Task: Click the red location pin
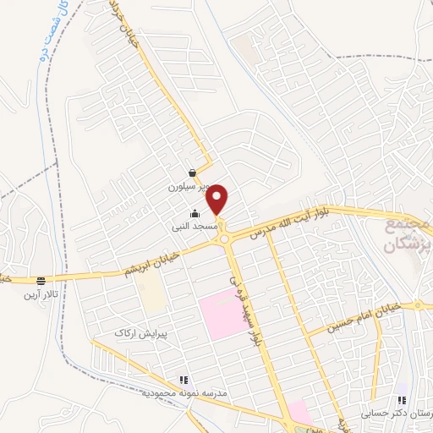[218, 199]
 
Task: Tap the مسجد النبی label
[195, 227]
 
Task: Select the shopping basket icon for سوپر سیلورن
[194, 173]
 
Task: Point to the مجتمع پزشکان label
[407, 236]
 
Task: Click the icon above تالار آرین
[40, 281]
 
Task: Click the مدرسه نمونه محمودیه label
[182, 394]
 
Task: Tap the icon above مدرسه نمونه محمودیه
[183, 381]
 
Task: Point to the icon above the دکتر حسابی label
[403, 400]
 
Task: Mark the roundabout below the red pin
[226, 239]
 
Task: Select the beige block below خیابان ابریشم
[152, 295]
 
